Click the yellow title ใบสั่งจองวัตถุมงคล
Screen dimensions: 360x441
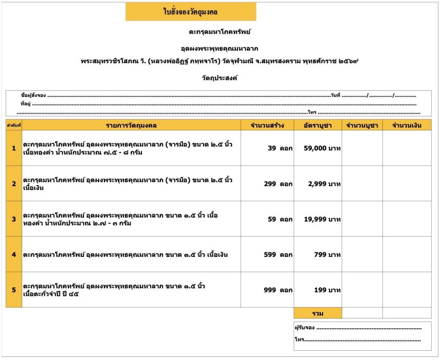tap(191, 11)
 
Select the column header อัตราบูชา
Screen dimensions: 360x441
tap(318, 125)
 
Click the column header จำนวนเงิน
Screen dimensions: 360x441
tap(407, 125)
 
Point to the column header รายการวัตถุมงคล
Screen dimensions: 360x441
tap(131, 125)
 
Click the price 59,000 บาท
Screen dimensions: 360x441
tap(322, 149)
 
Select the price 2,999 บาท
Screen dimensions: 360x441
tap(325, 184)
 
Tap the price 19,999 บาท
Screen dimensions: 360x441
tap(322, 219)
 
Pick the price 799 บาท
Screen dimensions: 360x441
tap(328, 255)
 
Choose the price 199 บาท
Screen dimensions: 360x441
tap(328, 290)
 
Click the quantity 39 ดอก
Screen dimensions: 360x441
tap(280, 149)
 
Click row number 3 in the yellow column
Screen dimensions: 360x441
tap(14, 219)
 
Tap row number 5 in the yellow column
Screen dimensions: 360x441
tap(14, 290)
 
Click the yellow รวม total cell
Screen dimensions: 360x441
tap(317, 313)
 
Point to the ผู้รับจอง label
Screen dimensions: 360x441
tap(305, 328)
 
